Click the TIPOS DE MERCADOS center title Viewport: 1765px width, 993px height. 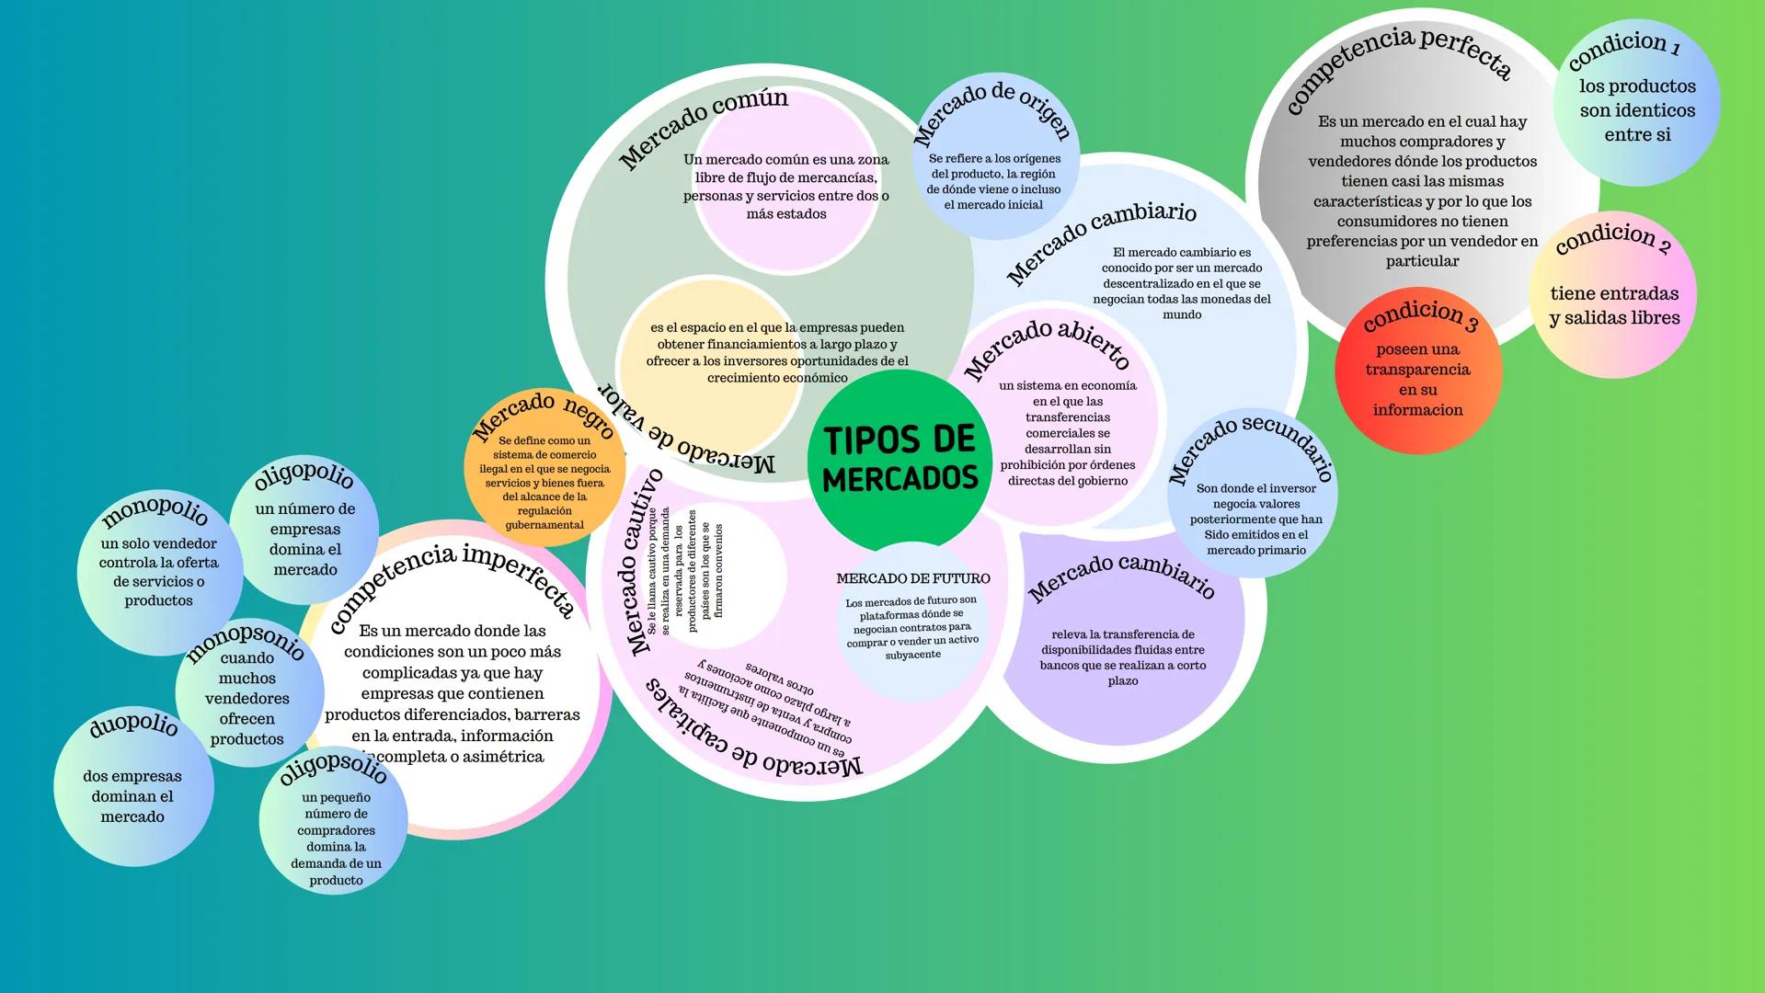point(900,459)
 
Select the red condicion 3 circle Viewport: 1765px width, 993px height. point(1417,372)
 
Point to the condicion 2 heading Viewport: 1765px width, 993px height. point(1612,238)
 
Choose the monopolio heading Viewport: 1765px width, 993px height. point(155,510)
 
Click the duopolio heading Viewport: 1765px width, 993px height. point(133,725)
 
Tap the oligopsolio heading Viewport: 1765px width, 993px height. point(333,768)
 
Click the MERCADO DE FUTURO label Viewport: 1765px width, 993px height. point(912,578)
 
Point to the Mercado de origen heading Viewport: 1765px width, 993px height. point(992,109)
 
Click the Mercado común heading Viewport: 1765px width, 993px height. point(704,125)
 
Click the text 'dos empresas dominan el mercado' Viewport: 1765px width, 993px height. point(132,796)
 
